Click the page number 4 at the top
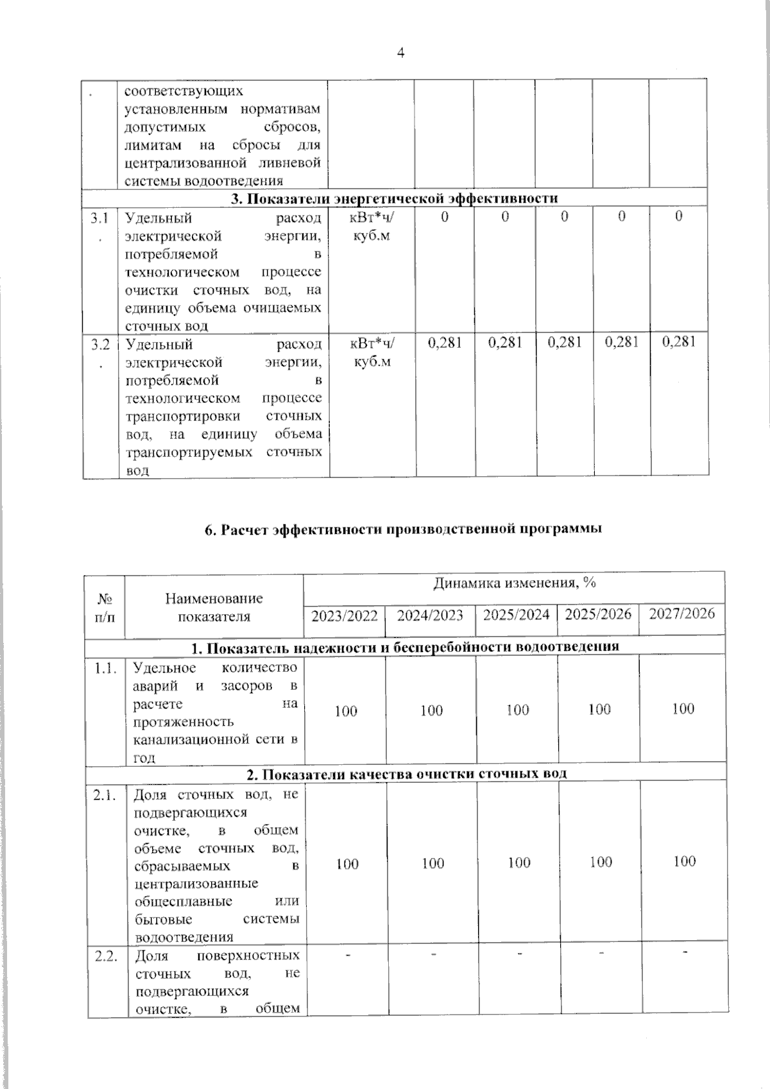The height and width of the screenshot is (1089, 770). pyautogui.click(x=401, y=54)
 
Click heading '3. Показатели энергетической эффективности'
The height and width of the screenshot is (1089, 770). pyautogui.click(x=395, y=198)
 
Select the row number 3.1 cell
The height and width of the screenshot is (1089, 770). pyautogui.click(x=99, y=225)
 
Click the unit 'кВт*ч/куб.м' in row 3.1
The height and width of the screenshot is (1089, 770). pyautogui.click(x=372, y=226)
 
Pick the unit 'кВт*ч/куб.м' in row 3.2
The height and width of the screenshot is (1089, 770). pyautogui.click(x=372, y=352)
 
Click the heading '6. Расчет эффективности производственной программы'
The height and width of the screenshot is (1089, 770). pyautogui.click(x=403, y=529)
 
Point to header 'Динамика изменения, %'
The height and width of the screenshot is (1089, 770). pyautogui.click(x=515, y=583)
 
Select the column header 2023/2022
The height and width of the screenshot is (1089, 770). pyautogui.click(x=345, y=616)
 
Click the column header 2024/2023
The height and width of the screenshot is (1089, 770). pyautogui.click(x=430, y=616)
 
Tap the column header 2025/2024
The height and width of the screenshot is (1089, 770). pyautogui.click(x=516, y=615)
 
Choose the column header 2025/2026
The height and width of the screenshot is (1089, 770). pyautogui.click(x=599, y=614)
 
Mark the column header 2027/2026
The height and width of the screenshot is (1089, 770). pyautogui.click(x=682, y=613)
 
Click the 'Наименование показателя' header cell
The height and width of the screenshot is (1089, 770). pyautogui.click(x=214, y=607)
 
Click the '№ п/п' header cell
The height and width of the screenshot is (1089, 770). pyautogui.click(x=105, y=607)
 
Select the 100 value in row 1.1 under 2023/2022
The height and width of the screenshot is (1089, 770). pyautogui.click(x=346, y=711)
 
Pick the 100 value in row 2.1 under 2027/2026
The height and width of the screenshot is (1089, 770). pyautogui.click(x=685, y=861)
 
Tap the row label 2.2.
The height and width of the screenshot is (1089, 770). pyautogui.click(x=105, y=956)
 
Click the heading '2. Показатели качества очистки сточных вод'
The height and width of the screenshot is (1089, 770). pyautogui.click(x=407, y=773)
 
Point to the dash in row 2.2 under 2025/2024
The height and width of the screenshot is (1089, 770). pyautogui.click(x=518, y=954)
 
